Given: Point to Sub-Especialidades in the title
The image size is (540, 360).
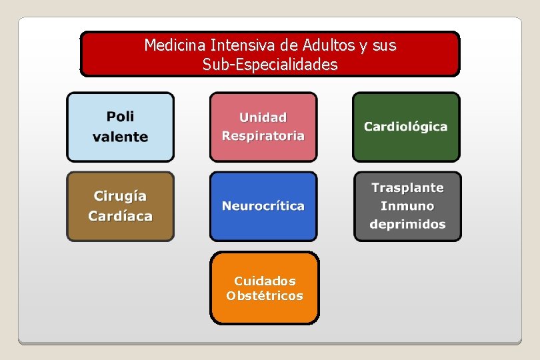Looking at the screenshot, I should click(270, 65).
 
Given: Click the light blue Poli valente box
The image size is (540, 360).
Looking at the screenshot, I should click(120, 127).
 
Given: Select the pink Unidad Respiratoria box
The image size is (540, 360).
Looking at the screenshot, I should click(263, 127).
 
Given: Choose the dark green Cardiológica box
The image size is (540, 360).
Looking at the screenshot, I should click(406, 127).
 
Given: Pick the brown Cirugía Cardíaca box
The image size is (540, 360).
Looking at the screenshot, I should click(120, 207).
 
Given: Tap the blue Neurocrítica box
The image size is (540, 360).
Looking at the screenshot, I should click(263, 207).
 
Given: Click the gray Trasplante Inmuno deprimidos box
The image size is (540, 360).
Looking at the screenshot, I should click(407, 207).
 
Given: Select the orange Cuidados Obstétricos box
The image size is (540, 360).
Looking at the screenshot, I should click(265, 288).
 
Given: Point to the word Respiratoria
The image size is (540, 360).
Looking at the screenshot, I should click(263, 136).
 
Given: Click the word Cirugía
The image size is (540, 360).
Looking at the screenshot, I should click(120, 196).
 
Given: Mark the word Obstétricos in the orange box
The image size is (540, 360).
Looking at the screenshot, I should click(265, 296).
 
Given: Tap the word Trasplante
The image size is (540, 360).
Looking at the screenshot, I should click(407, 188).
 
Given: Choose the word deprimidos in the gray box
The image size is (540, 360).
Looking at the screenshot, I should click(407, 224).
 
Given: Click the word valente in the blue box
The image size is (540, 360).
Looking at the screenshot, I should click(120, 137).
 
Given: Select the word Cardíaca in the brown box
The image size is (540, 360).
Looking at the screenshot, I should click(120, 216).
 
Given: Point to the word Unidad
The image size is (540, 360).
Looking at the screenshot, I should click(263, 117).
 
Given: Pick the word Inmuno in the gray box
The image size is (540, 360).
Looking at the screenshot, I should click(407, 206).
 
